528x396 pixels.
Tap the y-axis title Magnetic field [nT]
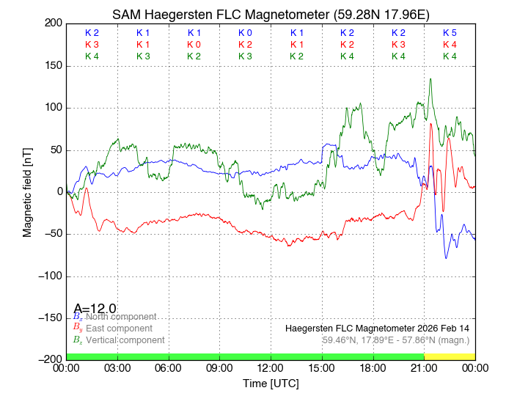pos(27,191)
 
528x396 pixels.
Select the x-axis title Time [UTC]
pos(271,384)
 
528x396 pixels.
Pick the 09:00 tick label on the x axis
pos(219,368)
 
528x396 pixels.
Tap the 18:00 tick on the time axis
pos(373,368)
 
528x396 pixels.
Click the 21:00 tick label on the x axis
pos(424,368)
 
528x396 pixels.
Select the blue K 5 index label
pos(450,33)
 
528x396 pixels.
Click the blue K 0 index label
pos(245,33)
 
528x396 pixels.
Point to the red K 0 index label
pos(194,45)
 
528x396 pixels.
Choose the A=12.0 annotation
pos(95,309)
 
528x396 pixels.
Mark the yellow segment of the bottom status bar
pos(450,356)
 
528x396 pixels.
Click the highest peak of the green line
pos(430,78)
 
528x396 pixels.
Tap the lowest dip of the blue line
pos(445,258)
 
